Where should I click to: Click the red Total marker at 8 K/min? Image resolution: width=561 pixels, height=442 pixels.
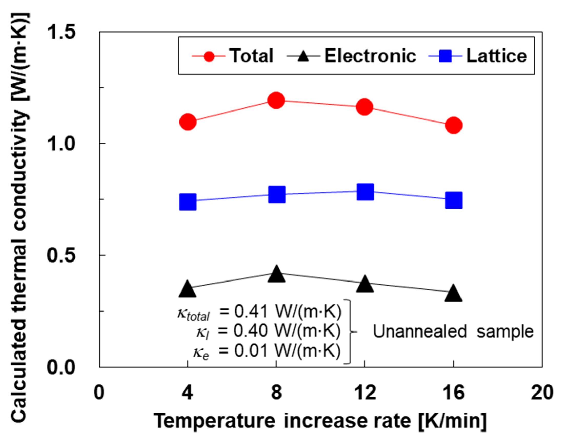click(x=276, y=100)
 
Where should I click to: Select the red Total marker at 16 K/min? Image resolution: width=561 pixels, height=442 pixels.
click(x=453, y=125)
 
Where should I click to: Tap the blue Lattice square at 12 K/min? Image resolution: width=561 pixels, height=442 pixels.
click(x=365, y=192)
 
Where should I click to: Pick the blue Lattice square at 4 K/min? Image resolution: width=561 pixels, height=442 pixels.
click(x=188, y=202)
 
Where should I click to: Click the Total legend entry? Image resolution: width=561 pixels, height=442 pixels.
click(x=251, y=56)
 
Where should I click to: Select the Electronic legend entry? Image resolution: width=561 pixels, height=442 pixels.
click(x=370, y=56)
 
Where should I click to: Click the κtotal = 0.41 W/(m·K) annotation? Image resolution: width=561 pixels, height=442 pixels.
click(x=259, y=313)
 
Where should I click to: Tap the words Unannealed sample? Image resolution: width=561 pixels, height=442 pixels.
click(x=453, y=332)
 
